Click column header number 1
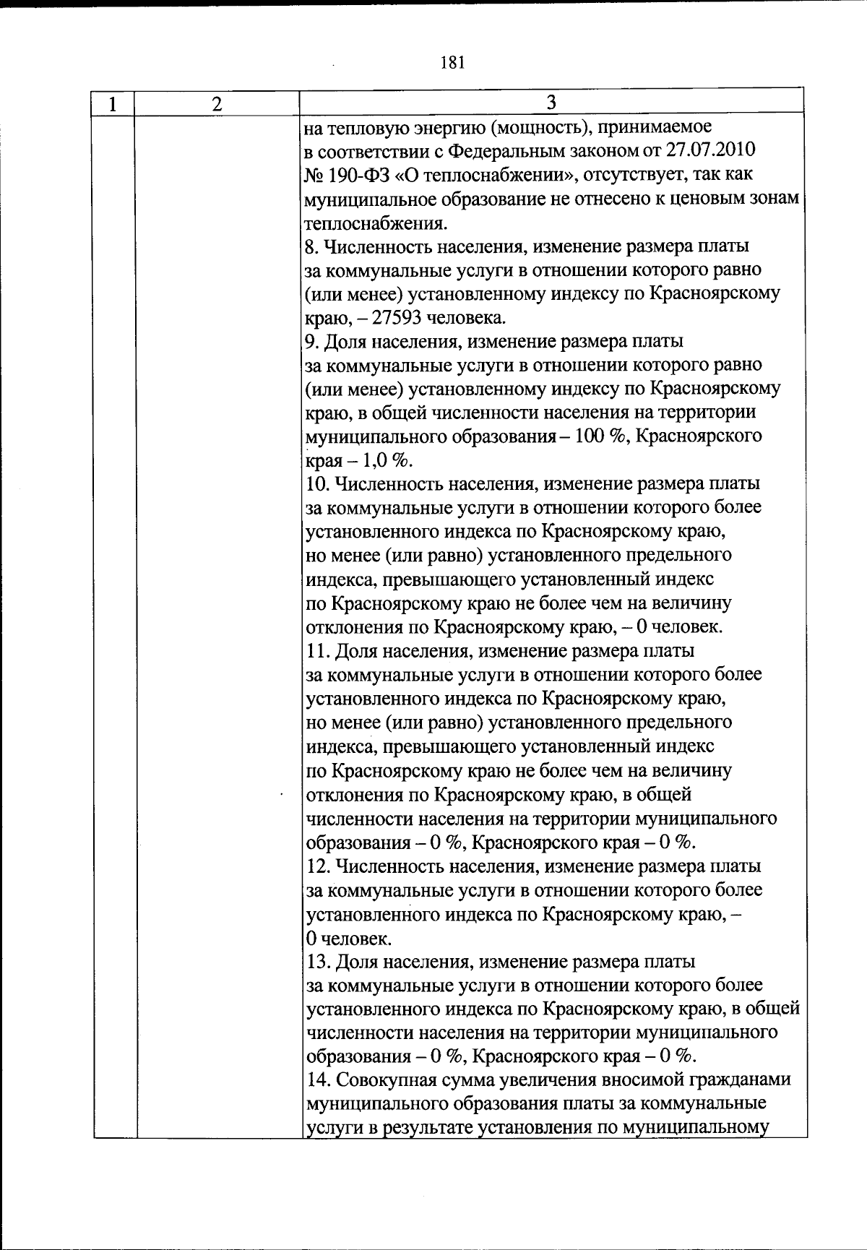[113, 104]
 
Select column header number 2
[217, 104]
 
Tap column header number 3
[551, 102]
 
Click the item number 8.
[312, 246]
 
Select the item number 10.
[317, 483]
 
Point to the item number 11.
[317, 651]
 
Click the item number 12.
[317, 866]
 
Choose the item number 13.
[317, 962]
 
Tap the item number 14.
[317, 1080]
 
